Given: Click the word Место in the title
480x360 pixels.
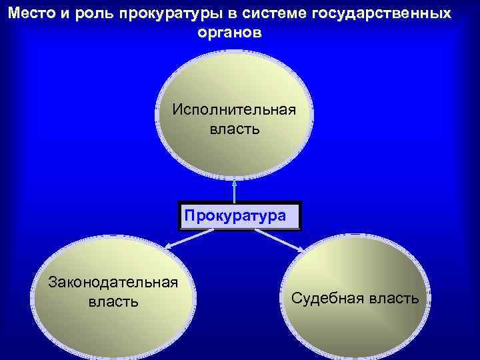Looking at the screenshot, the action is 31,14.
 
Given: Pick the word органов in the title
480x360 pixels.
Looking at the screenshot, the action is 229,32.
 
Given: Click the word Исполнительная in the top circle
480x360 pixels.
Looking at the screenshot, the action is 234,109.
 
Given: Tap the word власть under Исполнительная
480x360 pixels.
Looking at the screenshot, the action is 235,128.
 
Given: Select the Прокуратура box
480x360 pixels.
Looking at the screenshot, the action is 240,216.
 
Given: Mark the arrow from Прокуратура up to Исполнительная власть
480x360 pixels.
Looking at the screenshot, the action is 235,190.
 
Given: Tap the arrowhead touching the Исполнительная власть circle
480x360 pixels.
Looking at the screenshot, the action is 235,181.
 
